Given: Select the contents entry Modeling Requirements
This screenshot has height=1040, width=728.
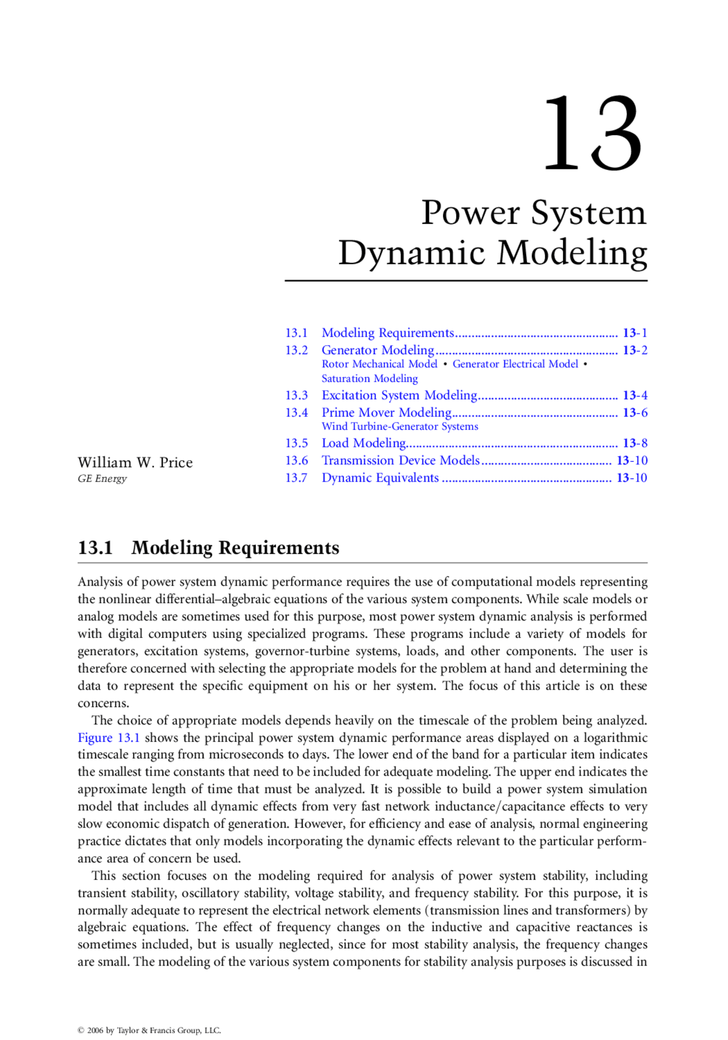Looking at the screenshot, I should [387, 333].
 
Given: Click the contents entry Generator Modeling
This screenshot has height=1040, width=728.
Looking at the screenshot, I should [378, 350].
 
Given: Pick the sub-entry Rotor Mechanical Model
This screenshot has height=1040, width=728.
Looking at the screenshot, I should [379, 364].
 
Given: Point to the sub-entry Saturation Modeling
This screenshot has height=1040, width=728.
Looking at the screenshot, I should [370, 379].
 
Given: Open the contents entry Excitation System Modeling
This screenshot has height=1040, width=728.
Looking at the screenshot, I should [399, 396].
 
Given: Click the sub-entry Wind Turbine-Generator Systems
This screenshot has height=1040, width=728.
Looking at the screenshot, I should [400, 426].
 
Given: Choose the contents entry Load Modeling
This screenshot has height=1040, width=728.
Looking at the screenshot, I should [363, 444].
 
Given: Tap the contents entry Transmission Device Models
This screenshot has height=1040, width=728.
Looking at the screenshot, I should [400, 461].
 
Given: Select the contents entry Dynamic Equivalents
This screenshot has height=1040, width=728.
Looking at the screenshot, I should [380, 478].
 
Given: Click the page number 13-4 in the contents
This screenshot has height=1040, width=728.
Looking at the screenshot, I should [635, 396].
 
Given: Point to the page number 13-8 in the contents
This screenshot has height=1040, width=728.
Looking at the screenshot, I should [635, 444].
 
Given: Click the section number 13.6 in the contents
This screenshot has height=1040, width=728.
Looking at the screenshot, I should [296, 461].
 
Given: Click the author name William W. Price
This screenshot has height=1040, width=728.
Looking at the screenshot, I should [135, 463].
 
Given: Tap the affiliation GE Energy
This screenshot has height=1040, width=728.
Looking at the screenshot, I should [102, 479].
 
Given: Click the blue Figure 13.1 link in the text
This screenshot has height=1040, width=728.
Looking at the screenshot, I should [109, 738].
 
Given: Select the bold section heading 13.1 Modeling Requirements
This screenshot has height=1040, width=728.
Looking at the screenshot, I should [208, 548].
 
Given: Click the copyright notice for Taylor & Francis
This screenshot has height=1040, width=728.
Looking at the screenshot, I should [149, 1030].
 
